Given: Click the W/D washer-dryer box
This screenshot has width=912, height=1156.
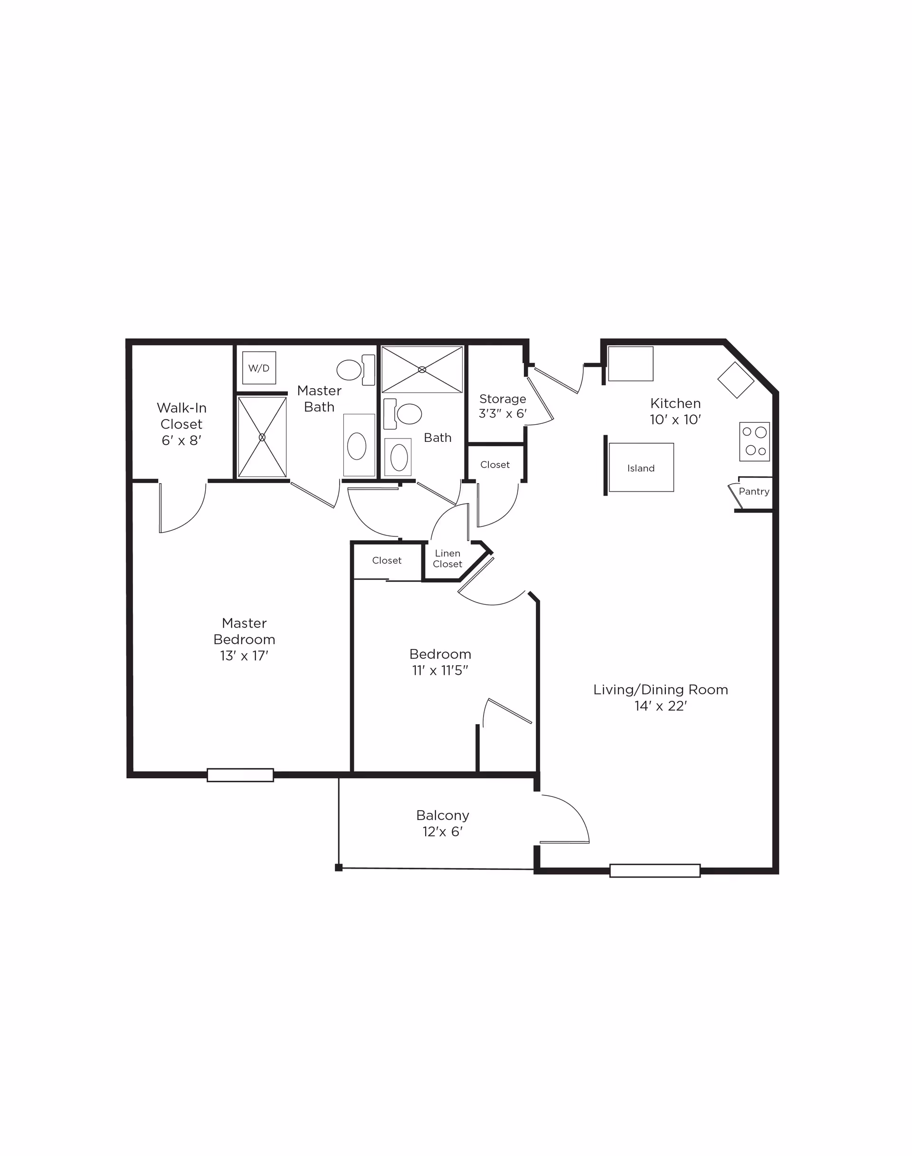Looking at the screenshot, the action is pos(259,368).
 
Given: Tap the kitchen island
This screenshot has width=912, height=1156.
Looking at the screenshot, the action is pos(641,468).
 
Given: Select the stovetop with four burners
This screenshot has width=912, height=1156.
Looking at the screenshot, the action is pos(754,441).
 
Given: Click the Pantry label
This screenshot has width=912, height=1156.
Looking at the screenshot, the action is pos(754,491).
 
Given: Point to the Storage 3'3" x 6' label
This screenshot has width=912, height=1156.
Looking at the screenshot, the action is pos(503,406).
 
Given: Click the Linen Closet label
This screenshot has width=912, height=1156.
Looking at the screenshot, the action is pos(447,558).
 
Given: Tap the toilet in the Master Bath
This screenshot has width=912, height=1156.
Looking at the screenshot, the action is pos(356,370).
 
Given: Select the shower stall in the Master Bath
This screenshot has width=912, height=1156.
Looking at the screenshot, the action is pos(262,437).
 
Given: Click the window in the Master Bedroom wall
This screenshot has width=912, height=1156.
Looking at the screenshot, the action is pos(240,774).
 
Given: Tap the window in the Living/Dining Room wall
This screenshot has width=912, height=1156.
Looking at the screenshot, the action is pos(655,870).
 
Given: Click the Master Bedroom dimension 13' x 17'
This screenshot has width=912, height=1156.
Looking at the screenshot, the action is pos(244,656).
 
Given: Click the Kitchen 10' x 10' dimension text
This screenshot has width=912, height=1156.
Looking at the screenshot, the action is pos(675,420).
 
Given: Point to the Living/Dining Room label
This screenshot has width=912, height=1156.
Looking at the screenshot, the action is pos(661,689).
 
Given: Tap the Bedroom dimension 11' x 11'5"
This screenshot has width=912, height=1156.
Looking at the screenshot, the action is pos(440,670).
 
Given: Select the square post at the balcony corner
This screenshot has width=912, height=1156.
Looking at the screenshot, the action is pos(339,868).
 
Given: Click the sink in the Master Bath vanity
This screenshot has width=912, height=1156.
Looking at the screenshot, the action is pos(357,446).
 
